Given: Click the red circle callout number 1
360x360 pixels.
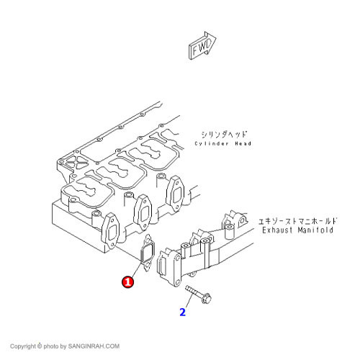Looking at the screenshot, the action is click(128, 282).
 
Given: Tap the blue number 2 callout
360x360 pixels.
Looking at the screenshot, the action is click(182, 312).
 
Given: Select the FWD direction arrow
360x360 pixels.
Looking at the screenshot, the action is click(202, 45).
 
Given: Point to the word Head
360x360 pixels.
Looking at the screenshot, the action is click(243, 143).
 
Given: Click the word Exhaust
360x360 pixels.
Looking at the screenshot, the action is click(277, 230).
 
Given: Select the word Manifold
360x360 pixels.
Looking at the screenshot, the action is click(315, 230).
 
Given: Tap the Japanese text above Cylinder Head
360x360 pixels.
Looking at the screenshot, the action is click(224, 135).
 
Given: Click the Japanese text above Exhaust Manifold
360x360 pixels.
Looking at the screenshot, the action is click(297, 221).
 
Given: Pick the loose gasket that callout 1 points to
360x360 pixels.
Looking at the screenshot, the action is click(147, 253).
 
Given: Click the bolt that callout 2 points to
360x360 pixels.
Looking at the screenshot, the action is click(198, 294).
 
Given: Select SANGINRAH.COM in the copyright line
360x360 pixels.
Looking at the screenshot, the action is click(94, 346).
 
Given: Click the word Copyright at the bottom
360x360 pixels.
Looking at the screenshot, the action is click(23, 346).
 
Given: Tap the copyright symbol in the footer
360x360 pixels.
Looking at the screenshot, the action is click(40, 346).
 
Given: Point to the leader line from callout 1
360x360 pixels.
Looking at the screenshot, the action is click(136, 269).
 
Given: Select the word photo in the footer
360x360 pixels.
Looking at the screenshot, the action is click(51, 346).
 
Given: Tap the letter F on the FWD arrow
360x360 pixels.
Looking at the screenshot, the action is click(194, 50).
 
